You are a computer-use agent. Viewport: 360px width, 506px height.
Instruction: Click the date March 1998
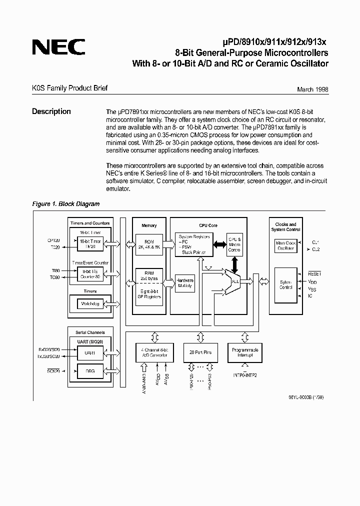[312, 89]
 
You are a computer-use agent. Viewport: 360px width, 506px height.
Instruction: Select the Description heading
[51, 111]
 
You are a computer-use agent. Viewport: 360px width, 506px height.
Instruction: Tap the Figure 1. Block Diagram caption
[65, 204]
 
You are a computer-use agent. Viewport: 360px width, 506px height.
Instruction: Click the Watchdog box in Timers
[90, 303]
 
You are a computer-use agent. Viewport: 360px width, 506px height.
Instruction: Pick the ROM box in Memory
[149, 243]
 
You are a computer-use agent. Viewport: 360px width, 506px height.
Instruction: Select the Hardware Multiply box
[184, 283]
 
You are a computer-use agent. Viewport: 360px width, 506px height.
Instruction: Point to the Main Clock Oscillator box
[285, 245]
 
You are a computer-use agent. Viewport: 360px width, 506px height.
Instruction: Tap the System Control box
[285, 284]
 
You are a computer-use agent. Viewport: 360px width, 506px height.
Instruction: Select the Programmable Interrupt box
[244, 352]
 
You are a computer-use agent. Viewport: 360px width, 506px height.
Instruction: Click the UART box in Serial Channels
[90, 352]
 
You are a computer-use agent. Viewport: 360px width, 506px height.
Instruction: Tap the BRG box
[90, 371]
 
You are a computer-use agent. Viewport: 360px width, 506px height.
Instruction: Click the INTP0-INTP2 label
[244, 374]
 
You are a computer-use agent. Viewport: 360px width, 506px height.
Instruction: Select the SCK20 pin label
[53, 371]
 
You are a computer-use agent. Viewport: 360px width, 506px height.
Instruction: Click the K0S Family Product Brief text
[69, 88]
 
